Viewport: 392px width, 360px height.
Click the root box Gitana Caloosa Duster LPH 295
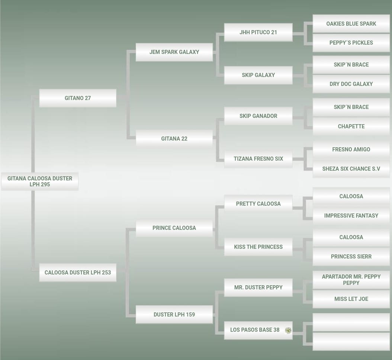coord(40,181)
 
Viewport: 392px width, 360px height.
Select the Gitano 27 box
coord(78,98)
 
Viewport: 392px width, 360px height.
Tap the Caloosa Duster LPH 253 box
coord(78,273)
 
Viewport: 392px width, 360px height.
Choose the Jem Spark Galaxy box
coord(174,52)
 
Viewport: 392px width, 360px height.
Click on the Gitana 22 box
coord(174,139)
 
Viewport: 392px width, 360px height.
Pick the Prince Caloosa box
coord(174,228)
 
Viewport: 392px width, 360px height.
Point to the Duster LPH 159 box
coord(174,315)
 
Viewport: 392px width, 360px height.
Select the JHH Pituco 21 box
coord(258,32)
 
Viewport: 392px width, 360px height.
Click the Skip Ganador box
coord(258,116)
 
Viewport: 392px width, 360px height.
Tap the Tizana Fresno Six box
coord(258,159)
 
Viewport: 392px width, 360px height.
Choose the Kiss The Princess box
coord(258,247)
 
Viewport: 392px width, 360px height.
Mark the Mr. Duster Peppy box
coord(258,287)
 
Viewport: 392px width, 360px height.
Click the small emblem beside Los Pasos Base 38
coord(288,330)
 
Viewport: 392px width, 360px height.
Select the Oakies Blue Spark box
coord(351,24)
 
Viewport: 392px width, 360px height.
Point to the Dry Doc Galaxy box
coord(351,84)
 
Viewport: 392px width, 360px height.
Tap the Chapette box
coord(351,126)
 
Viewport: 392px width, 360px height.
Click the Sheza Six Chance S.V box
coord(351,169)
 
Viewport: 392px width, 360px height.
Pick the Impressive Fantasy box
coord(351,216)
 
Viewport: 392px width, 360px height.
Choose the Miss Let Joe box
coord(351,299)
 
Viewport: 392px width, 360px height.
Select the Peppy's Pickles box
coord(351,43)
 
